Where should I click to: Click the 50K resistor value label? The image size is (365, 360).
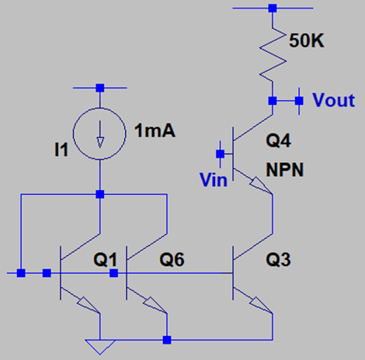pos(307,40)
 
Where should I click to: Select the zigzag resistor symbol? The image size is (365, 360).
pos(273,54)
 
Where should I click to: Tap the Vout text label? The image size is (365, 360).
pos(333,100)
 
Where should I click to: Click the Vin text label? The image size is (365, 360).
pos(214,180)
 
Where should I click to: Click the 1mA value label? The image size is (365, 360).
pos(155,130)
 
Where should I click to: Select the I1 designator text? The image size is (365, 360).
pos(61,150)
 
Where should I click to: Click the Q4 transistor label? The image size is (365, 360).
pos(278,141)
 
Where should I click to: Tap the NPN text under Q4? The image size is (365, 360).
pos(285,170)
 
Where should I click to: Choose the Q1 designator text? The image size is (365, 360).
pos(106,259)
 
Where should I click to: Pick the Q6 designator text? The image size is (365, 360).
pos(172,259)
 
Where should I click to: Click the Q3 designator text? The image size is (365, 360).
pos(278,259)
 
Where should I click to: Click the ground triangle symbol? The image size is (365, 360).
pos(100,347)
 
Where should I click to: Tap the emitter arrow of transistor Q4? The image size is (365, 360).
pos(261,185)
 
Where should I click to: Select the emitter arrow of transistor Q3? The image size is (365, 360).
pos(261,305)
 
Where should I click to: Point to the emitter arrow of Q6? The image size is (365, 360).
pos(155,305)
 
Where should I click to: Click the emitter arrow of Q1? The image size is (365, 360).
pos(89,305)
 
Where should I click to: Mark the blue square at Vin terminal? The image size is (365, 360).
pos(221,154)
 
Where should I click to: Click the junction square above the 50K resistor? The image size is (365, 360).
pos(273,8)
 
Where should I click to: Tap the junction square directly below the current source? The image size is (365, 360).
pos(100,194)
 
